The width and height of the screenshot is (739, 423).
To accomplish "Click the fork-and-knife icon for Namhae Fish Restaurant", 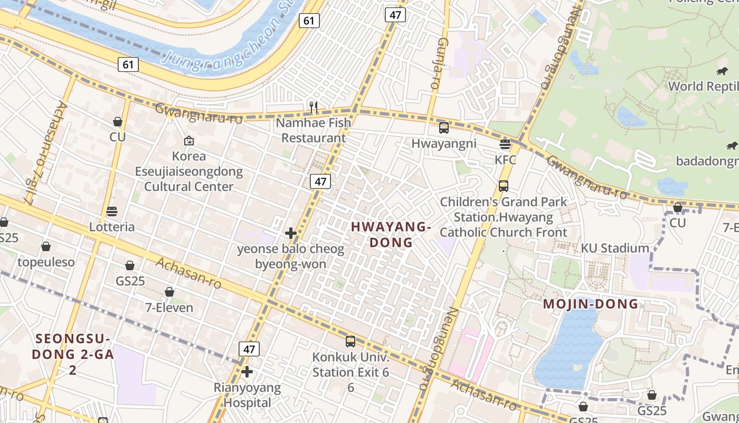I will [x=314, y=107].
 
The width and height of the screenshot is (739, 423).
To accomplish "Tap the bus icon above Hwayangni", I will [x=444, y=127].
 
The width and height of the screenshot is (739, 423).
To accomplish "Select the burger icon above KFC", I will [x=505, y=144].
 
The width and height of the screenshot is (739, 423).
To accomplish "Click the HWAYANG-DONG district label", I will [x=391, y=234].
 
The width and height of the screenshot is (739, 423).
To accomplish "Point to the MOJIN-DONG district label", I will [x=591, y=304].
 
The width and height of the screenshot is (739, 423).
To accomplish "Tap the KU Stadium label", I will [x=615, y=248].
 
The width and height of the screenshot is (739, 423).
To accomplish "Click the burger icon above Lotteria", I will [x=111, y=212].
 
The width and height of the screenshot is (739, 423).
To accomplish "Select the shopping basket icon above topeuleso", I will [x=46, y=246].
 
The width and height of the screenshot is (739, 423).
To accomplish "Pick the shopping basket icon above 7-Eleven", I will [x=169, y=292].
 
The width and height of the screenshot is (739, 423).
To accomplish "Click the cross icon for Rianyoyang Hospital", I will [x=247, y=372].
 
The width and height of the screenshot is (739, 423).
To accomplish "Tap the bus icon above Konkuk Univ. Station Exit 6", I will [x=350, y=342].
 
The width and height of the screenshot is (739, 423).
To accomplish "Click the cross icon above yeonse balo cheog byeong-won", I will [x=291, y=233].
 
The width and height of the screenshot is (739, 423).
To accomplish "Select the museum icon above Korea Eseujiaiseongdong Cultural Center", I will [x=189, y=141].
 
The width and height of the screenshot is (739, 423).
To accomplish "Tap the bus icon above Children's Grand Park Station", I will [x=504, y=186].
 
